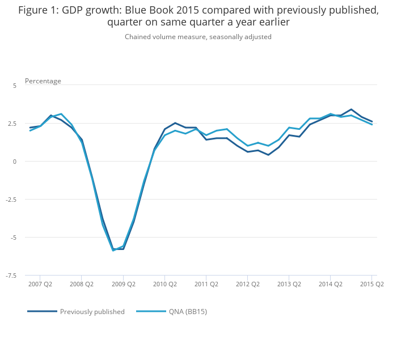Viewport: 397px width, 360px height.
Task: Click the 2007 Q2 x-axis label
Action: (40, 284)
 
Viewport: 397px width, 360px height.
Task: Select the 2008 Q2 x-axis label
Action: (82, 284)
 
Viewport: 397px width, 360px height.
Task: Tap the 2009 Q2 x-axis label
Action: (123, 284)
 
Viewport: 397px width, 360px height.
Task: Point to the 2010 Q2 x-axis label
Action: (164, 284)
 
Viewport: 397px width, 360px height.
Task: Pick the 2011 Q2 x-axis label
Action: (206, 284)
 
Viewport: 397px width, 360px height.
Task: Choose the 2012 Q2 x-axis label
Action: (248, 284)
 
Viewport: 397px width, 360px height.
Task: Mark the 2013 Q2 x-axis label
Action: (289, 284)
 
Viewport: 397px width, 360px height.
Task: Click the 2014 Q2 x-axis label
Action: (331, 284)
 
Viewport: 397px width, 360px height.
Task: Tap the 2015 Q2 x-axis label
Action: (372, 284)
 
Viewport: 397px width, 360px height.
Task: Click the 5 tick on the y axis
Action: (15, 85)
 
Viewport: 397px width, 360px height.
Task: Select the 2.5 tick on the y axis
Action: (12, 123)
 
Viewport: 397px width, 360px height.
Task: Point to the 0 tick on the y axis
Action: (15, 162)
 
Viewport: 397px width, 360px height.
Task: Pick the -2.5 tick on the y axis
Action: (11, 200)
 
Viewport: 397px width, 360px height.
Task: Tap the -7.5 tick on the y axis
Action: (11, 276)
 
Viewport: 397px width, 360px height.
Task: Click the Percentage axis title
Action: (43, 81)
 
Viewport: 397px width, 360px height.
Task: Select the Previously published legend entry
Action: (92, 311)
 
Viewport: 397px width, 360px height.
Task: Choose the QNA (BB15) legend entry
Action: (188, 311)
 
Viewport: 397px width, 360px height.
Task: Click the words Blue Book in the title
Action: (158, 10)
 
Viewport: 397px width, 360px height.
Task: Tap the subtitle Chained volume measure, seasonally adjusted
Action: (198, 37)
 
